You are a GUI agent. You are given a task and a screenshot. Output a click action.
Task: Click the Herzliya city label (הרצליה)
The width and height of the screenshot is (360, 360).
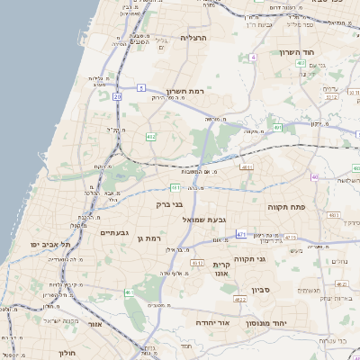pyautogui.click(x=194, y=38)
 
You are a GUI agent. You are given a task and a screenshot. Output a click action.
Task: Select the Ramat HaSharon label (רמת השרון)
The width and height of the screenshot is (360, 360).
pyautogui.click(x=186, y=92)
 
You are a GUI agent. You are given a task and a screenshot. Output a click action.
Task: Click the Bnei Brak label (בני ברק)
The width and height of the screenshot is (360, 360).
pyautogui.click(x=168, y=204)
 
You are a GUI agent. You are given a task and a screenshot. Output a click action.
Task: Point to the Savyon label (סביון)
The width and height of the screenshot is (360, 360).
pyautogui.click(x=286, y=290)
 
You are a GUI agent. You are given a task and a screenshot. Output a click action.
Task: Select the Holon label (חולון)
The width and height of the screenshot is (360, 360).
pyautogui.click(x=68, y=353)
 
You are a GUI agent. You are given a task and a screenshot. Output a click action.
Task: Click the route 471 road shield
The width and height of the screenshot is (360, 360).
pyautogui.click(x=241, y=234)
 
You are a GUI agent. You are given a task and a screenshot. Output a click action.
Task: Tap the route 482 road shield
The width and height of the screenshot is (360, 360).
pyautogui.click(x=150, y=137)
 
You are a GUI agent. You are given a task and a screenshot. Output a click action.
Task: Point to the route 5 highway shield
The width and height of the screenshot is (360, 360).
pyautogui.click(x=141, y=87)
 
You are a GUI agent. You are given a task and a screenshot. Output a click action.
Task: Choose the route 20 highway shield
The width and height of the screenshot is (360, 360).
pyautogui.click(x=117, y=94)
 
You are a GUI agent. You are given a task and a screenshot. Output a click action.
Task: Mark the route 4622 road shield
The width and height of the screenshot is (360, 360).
pyautogui.click(x=239, y=299)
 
